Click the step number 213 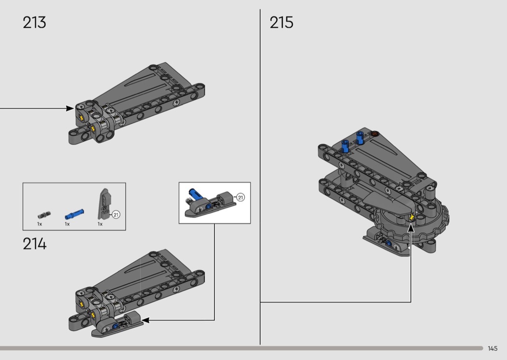click(x=34, y=23)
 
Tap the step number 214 click(x=35, y=244)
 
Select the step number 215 click(x=282, y=23)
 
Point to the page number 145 click(x=493, y=348)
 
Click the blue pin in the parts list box click(x=74, y=214)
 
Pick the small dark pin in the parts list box click(x=44, y=215)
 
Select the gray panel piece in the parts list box click(x=104, y=204)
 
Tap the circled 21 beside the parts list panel click(x=116, y=214)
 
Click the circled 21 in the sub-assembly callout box click(x=240, y=197)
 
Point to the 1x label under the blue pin click(x=67, y=224)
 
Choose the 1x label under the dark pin click(x=40, y=224)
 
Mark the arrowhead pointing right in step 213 click(x=70, y=109)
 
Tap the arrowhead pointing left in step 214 click(x=145, y=320)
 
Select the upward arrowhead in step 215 click(x=410, y=228)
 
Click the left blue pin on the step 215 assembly click(x=346, y=146)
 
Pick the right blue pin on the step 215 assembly click(x=360, y=138)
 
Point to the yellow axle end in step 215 click(x=411, y=217)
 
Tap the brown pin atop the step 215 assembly click(x=374, y=133)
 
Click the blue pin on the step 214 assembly click(x=115, y=326)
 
